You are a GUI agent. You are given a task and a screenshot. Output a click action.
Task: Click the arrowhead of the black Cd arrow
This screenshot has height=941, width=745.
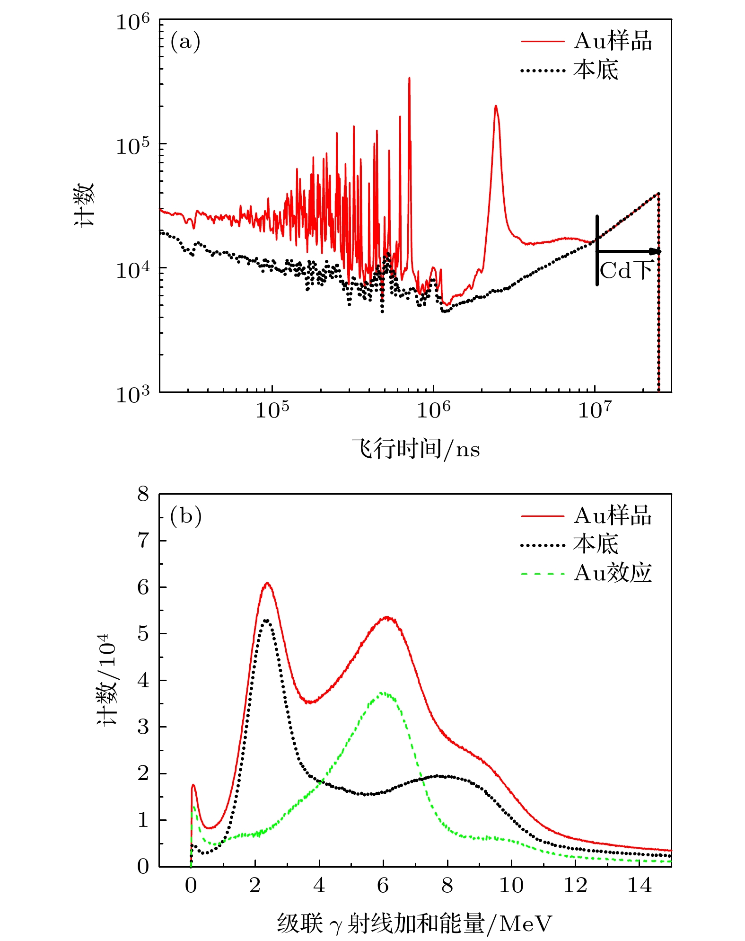pyautogui.click(x=657, y=251)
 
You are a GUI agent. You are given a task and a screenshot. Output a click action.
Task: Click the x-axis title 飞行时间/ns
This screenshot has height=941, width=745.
pyautogui.click(x=416, y=449)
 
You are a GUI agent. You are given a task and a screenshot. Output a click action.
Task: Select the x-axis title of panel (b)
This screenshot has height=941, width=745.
pyautogui.click(x=414, y=923)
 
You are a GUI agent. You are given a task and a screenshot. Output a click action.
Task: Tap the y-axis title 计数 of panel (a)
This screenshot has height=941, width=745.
pyautogui.click(x=85, y=205)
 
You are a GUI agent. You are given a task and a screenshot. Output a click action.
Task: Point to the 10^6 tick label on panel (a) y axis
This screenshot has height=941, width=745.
pyautogui.click(x=132, y=22)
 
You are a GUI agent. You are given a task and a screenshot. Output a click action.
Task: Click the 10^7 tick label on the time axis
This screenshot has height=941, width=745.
pyautogui.click(x=595, y=410)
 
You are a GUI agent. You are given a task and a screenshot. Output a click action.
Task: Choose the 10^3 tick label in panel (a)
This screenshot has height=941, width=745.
pyautogui.click(x=132, y=394)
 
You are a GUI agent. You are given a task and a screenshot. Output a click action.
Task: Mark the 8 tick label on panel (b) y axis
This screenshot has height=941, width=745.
pyautogui.click(x=143, y=495)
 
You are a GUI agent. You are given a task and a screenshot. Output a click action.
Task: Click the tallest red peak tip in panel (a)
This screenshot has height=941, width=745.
pyautogui.click(x=409, y=78)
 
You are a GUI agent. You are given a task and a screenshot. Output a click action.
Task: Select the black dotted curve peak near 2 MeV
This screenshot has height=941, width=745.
pyautogui.click(x=266, y=620)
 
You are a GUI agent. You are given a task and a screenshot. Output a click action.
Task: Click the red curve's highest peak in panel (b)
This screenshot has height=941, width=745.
pyautogui.click(x=267, y=583)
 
